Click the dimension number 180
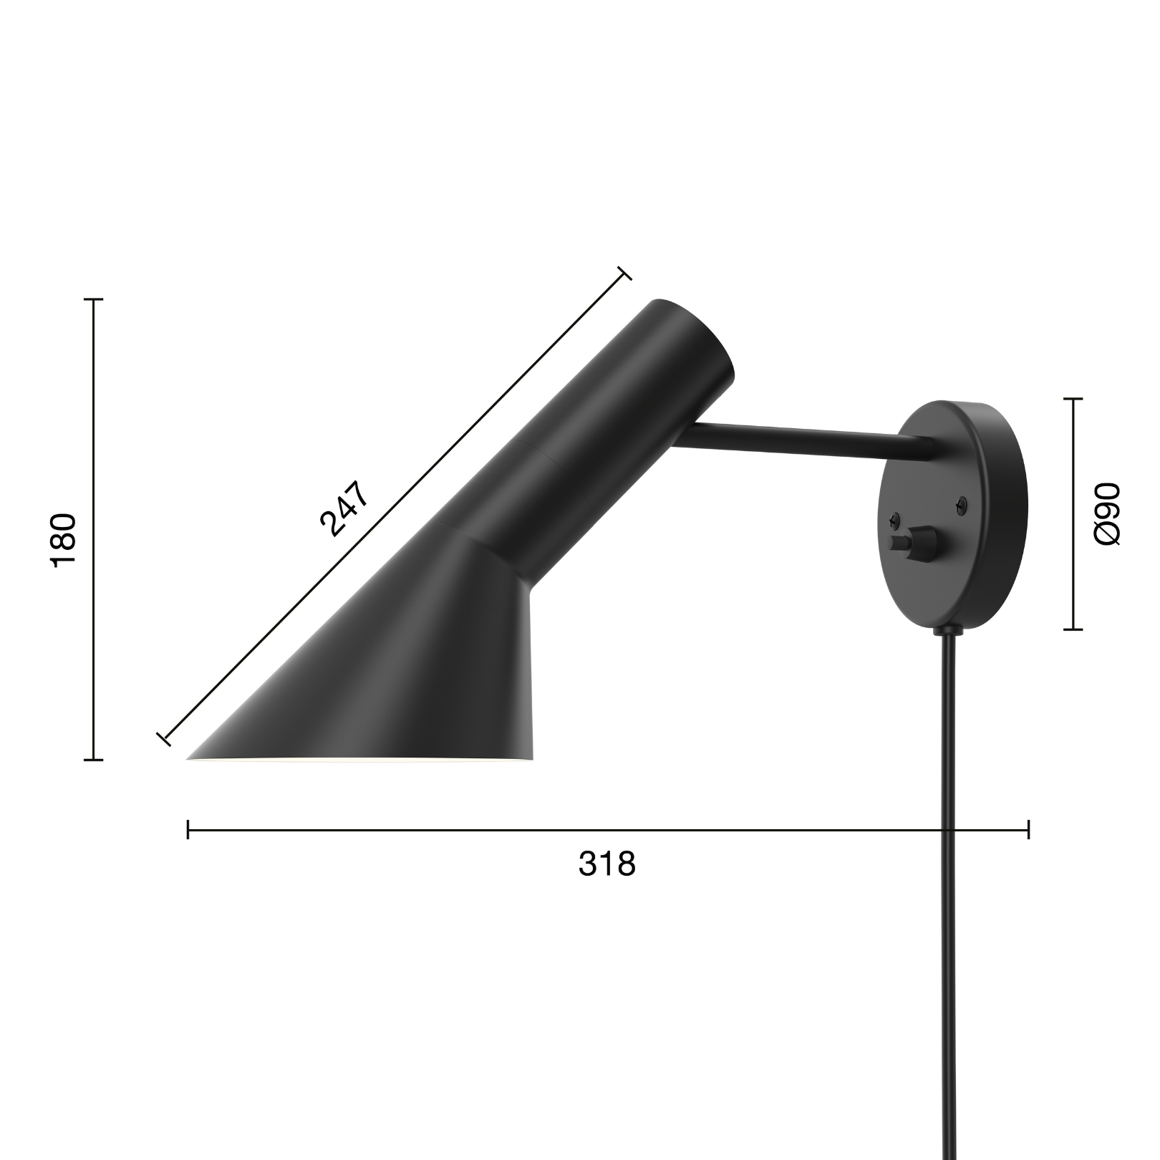point(64,540)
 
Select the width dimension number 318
point(606,864)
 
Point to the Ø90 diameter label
point(1107,513)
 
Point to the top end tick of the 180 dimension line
point(94,299)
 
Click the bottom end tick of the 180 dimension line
point(94,759)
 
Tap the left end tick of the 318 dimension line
point(188,830)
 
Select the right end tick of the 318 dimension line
point(1028,830)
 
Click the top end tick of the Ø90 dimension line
point(1073,399)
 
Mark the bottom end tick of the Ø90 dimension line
point(1073,629)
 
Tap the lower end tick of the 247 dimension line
point(163,739)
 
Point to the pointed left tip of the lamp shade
point(190,757)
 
